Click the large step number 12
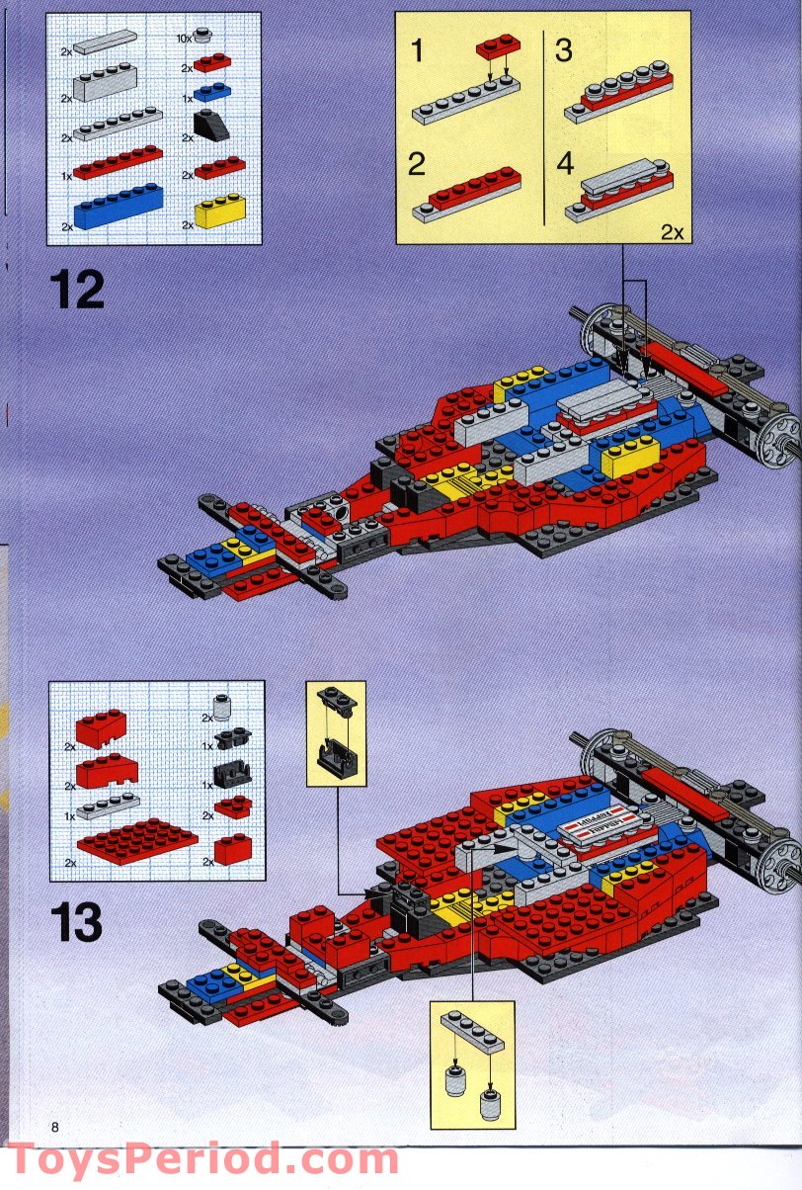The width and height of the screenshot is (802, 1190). (76, 289)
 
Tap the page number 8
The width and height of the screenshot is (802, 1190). (56, 1127)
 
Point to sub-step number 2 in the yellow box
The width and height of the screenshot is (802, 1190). (417, 163)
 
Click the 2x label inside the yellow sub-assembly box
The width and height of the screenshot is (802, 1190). (672, 232)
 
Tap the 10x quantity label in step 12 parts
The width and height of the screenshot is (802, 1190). (184, 38)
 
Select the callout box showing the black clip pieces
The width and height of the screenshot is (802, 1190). (336, 733)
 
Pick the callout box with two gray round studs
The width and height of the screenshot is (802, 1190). (472, 1062)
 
